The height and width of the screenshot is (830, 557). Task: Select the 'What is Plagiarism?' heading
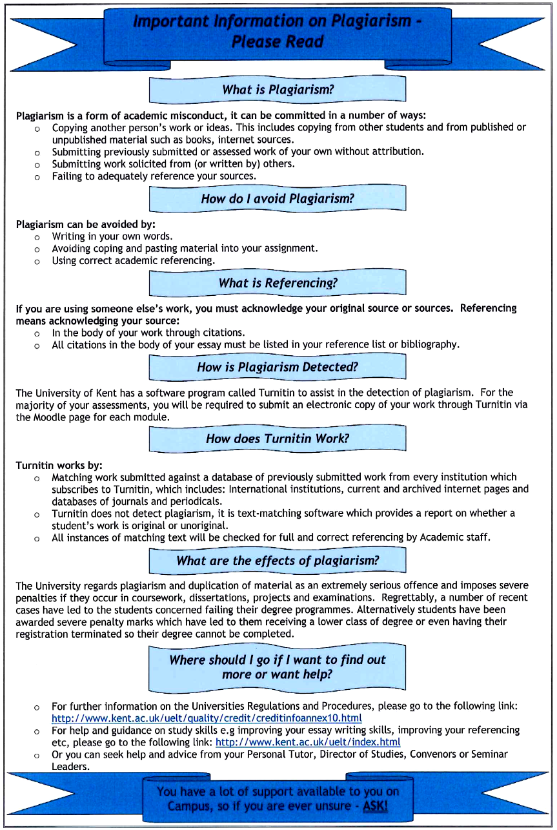278,90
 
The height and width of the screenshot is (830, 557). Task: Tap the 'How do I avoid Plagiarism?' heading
278,198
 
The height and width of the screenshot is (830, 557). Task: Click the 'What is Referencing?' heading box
278,283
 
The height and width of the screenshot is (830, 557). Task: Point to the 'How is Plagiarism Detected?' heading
278,368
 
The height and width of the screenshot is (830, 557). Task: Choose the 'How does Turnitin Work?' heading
278,439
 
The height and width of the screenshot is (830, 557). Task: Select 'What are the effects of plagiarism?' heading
278,561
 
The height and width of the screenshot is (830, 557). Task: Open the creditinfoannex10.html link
207,718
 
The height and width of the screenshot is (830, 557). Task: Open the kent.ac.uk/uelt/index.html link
308,742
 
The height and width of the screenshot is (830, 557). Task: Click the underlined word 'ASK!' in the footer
375,806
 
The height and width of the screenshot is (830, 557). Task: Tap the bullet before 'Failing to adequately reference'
37,176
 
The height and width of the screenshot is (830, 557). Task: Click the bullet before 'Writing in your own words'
37,237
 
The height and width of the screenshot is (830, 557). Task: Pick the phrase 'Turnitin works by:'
59,465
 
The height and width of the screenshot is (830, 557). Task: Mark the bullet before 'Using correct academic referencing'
37,262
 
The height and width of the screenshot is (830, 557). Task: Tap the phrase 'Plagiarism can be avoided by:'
85,225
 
